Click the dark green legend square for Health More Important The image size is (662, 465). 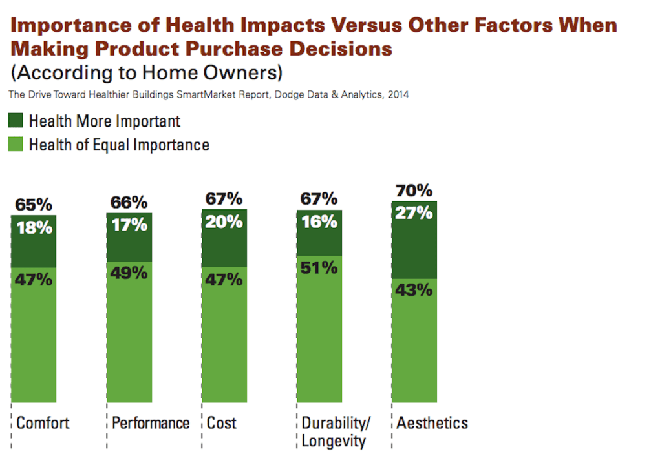[16, 121]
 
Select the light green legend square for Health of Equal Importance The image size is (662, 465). [16, 144]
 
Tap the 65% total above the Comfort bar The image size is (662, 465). [34, 205]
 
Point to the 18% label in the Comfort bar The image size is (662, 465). [34, 227]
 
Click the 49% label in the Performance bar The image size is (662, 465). [129, 273]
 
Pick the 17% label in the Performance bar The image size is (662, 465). [129, 225]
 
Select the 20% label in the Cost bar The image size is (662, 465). [224, 222]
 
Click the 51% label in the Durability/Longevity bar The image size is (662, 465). [319, 267]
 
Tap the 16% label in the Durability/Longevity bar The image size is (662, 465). [319, 222]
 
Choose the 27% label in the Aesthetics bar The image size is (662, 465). [414, 212]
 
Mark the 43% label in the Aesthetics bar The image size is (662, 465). [414, 290]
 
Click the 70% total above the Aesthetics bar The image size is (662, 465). [414, 191]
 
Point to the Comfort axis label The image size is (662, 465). [43, 423]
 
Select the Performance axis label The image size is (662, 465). [151, 423]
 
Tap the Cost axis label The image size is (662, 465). [222, 423]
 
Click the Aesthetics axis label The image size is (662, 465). [432, 423]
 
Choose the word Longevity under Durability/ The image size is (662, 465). [334, 442]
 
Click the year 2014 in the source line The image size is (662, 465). [398, 95]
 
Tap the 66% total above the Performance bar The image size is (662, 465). [129, 203]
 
